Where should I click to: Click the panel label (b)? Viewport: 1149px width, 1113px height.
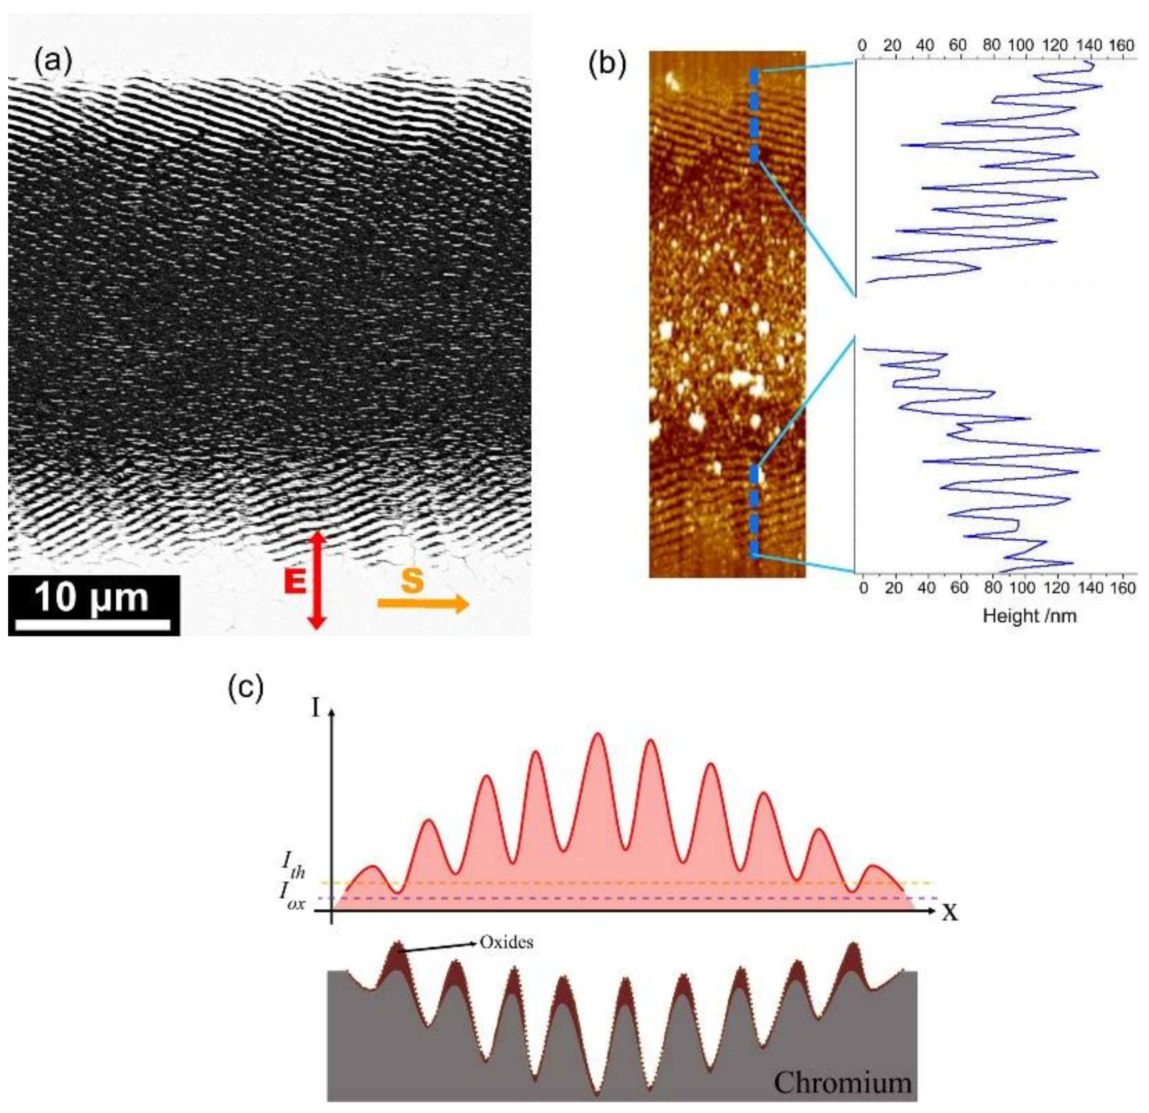tap(607, 64)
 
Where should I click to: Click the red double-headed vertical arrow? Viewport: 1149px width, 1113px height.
tap(317, 580)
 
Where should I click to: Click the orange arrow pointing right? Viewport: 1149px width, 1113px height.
tap(423, 603)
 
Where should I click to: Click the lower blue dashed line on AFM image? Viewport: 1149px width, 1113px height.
tap(755, 510)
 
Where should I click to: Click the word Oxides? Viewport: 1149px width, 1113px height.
tap(506, 942)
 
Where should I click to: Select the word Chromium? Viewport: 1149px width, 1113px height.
tap(842, 1082)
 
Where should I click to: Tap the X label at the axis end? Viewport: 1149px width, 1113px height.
tap(950, 912)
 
